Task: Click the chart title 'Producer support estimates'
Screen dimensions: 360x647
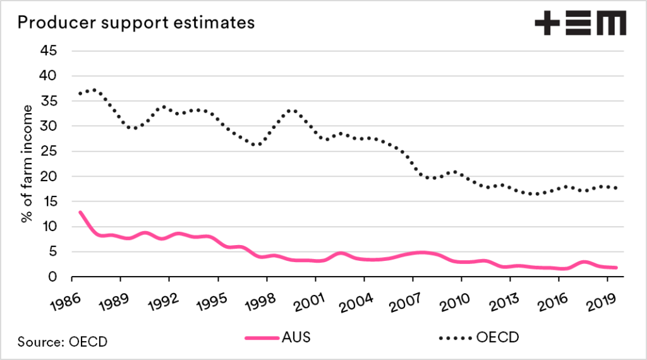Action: pos(136,23)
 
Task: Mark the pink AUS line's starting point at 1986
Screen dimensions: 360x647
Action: pos(80,212)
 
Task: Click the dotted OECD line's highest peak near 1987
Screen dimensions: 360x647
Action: pos(95,90)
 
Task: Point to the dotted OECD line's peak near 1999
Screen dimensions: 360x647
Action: pos(291,110)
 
